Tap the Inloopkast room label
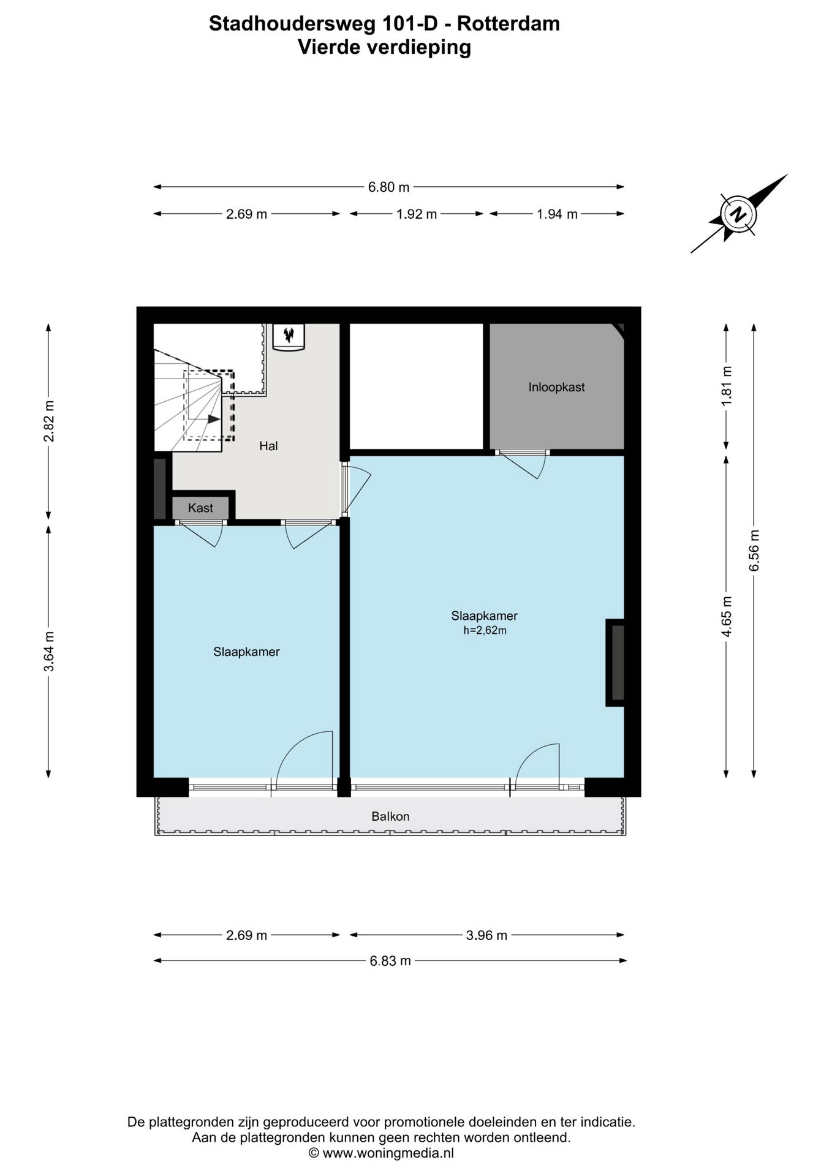coord(556,387)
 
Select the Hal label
coord(268,446)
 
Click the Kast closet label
coord(200,508)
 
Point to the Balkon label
coord(390,816)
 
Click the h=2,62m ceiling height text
coord(485,630)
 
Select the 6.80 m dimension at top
coord(388,187)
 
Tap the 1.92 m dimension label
coord(417,214)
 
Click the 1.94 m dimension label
coord(557,214)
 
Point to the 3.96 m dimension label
coord(486,935)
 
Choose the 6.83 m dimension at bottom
coord(390,961)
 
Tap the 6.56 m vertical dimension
coord(754,550)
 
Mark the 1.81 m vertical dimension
coord(727,386)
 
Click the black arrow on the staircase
coord(213,419)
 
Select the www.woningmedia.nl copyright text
coord(381,1153)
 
